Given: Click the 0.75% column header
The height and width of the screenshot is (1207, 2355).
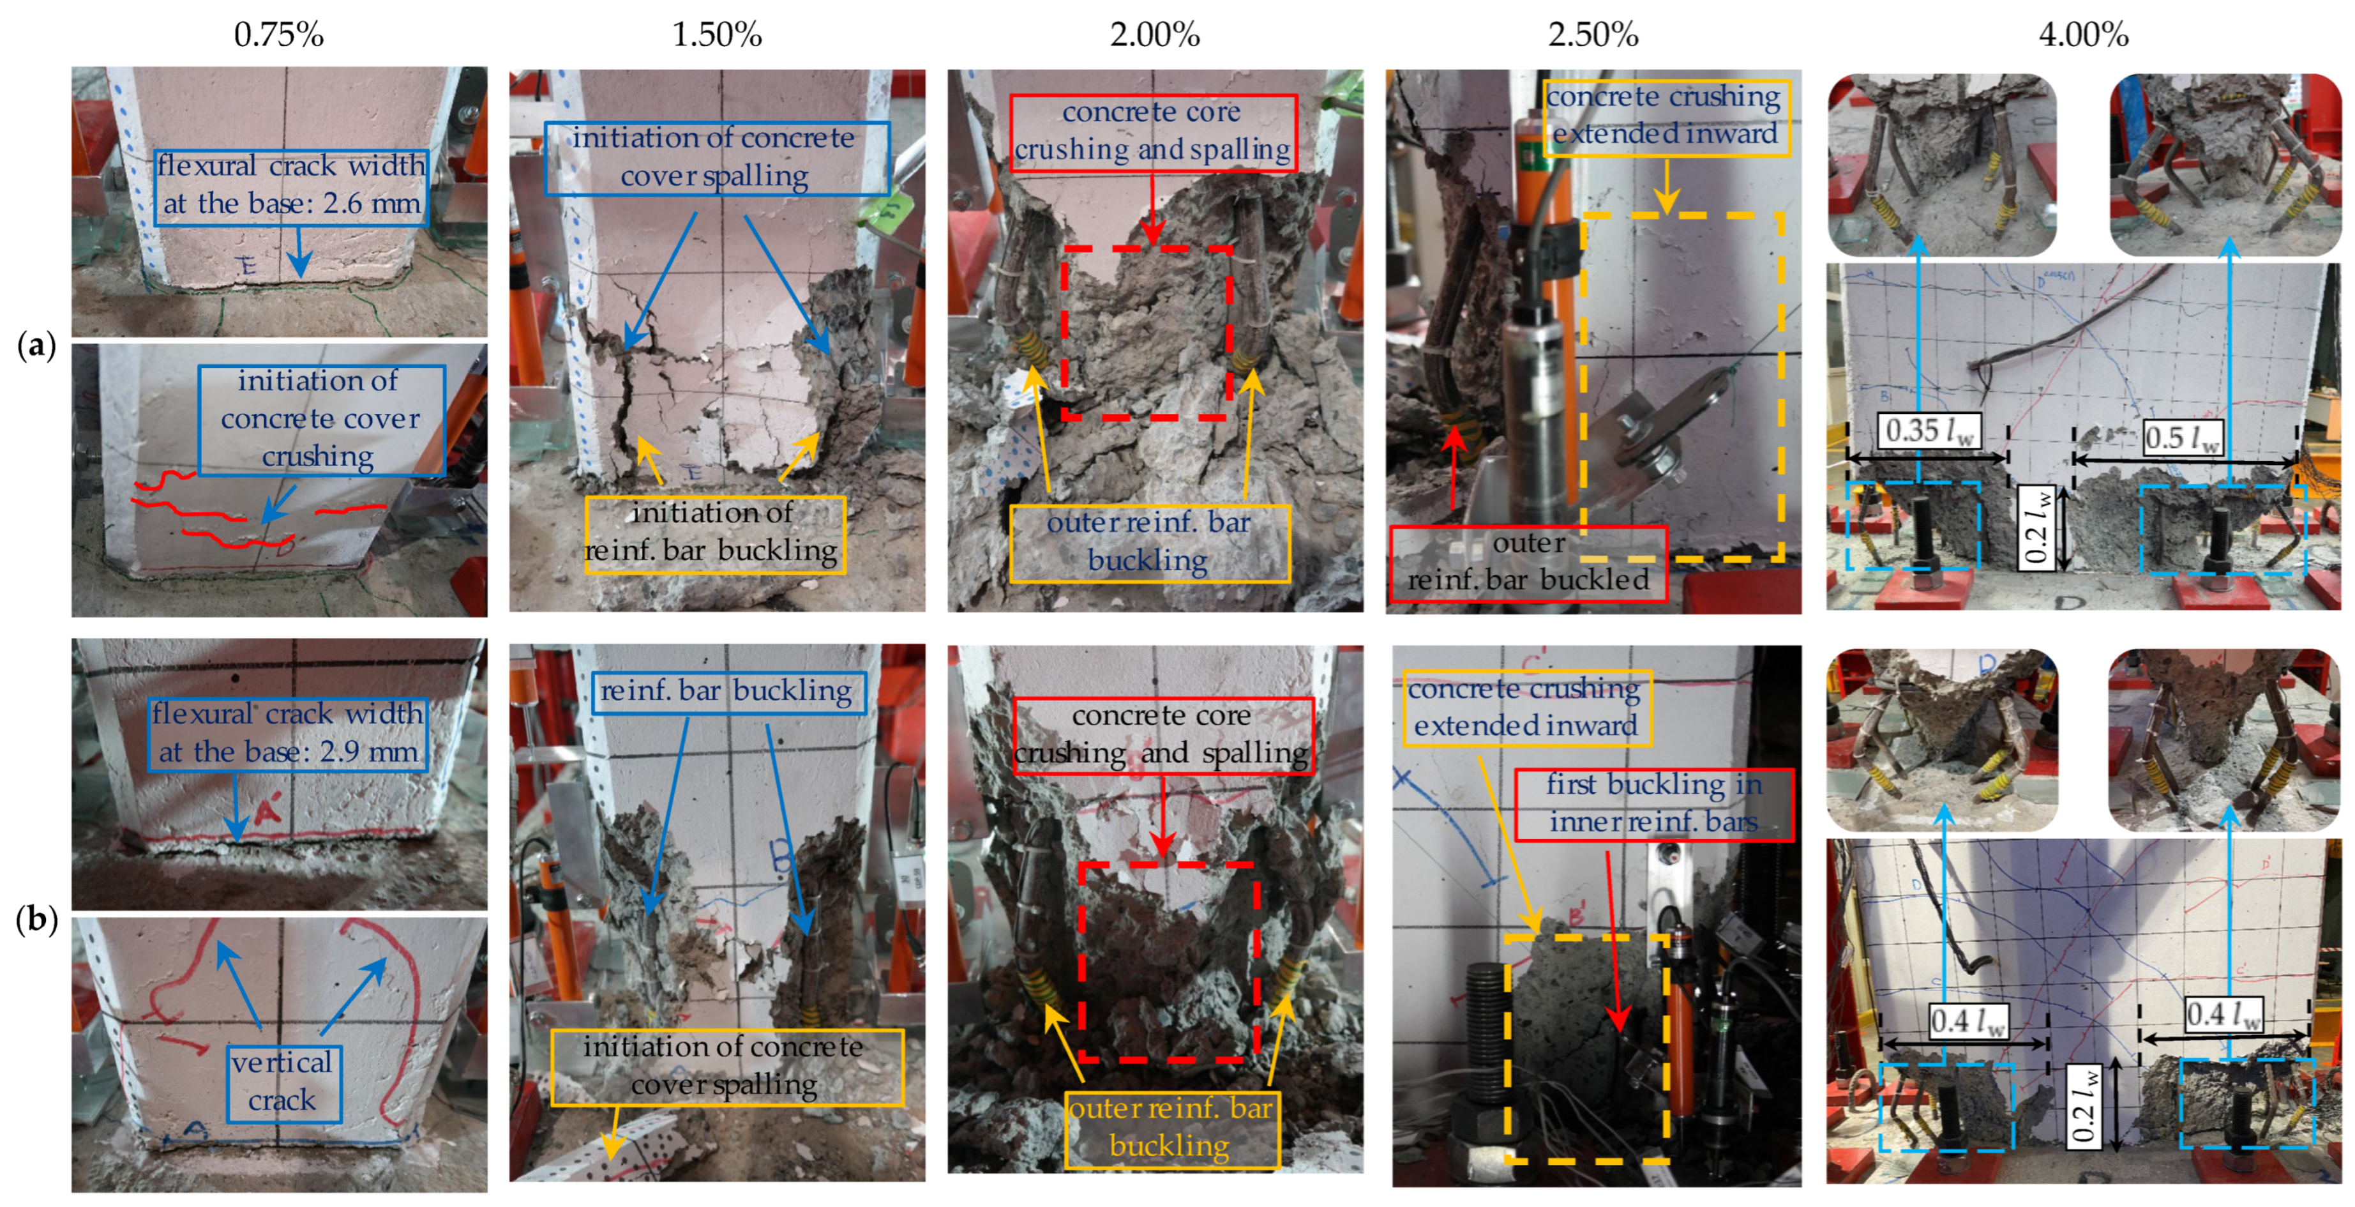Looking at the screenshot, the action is pyautogui.click(x=279, y=34).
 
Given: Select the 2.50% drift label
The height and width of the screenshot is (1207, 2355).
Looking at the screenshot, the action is pyautogui.click(x=1593, y=34).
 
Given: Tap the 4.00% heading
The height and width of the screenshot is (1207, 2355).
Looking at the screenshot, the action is pyautogui.click(x=2084, y=34).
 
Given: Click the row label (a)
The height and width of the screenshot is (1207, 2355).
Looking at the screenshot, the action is pyautogui.click(x=36, y=345).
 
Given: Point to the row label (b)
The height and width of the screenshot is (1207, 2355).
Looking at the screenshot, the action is pyautogui.click(x=36, y=918).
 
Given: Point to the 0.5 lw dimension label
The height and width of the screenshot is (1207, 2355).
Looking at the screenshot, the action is pyautogui.click(x=2181, y=437).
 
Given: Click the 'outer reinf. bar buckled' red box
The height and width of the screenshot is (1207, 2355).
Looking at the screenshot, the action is pyautogui.click(x=1528, y=563).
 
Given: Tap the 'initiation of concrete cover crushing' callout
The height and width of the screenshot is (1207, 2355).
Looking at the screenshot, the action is pyautogui.click(x=322, y=420).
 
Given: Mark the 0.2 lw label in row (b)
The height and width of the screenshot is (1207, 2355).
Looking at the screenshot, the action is pyautogui.click(x=2084, y=1105).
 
